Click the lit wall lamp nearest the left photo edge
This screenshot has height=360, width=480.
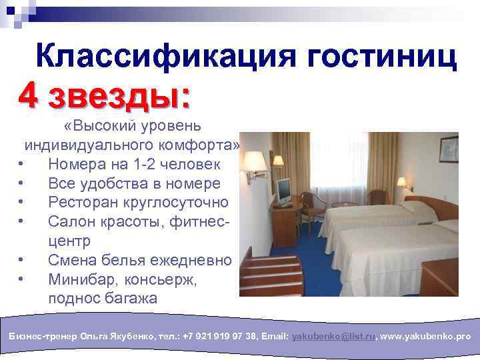(253, 163)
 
